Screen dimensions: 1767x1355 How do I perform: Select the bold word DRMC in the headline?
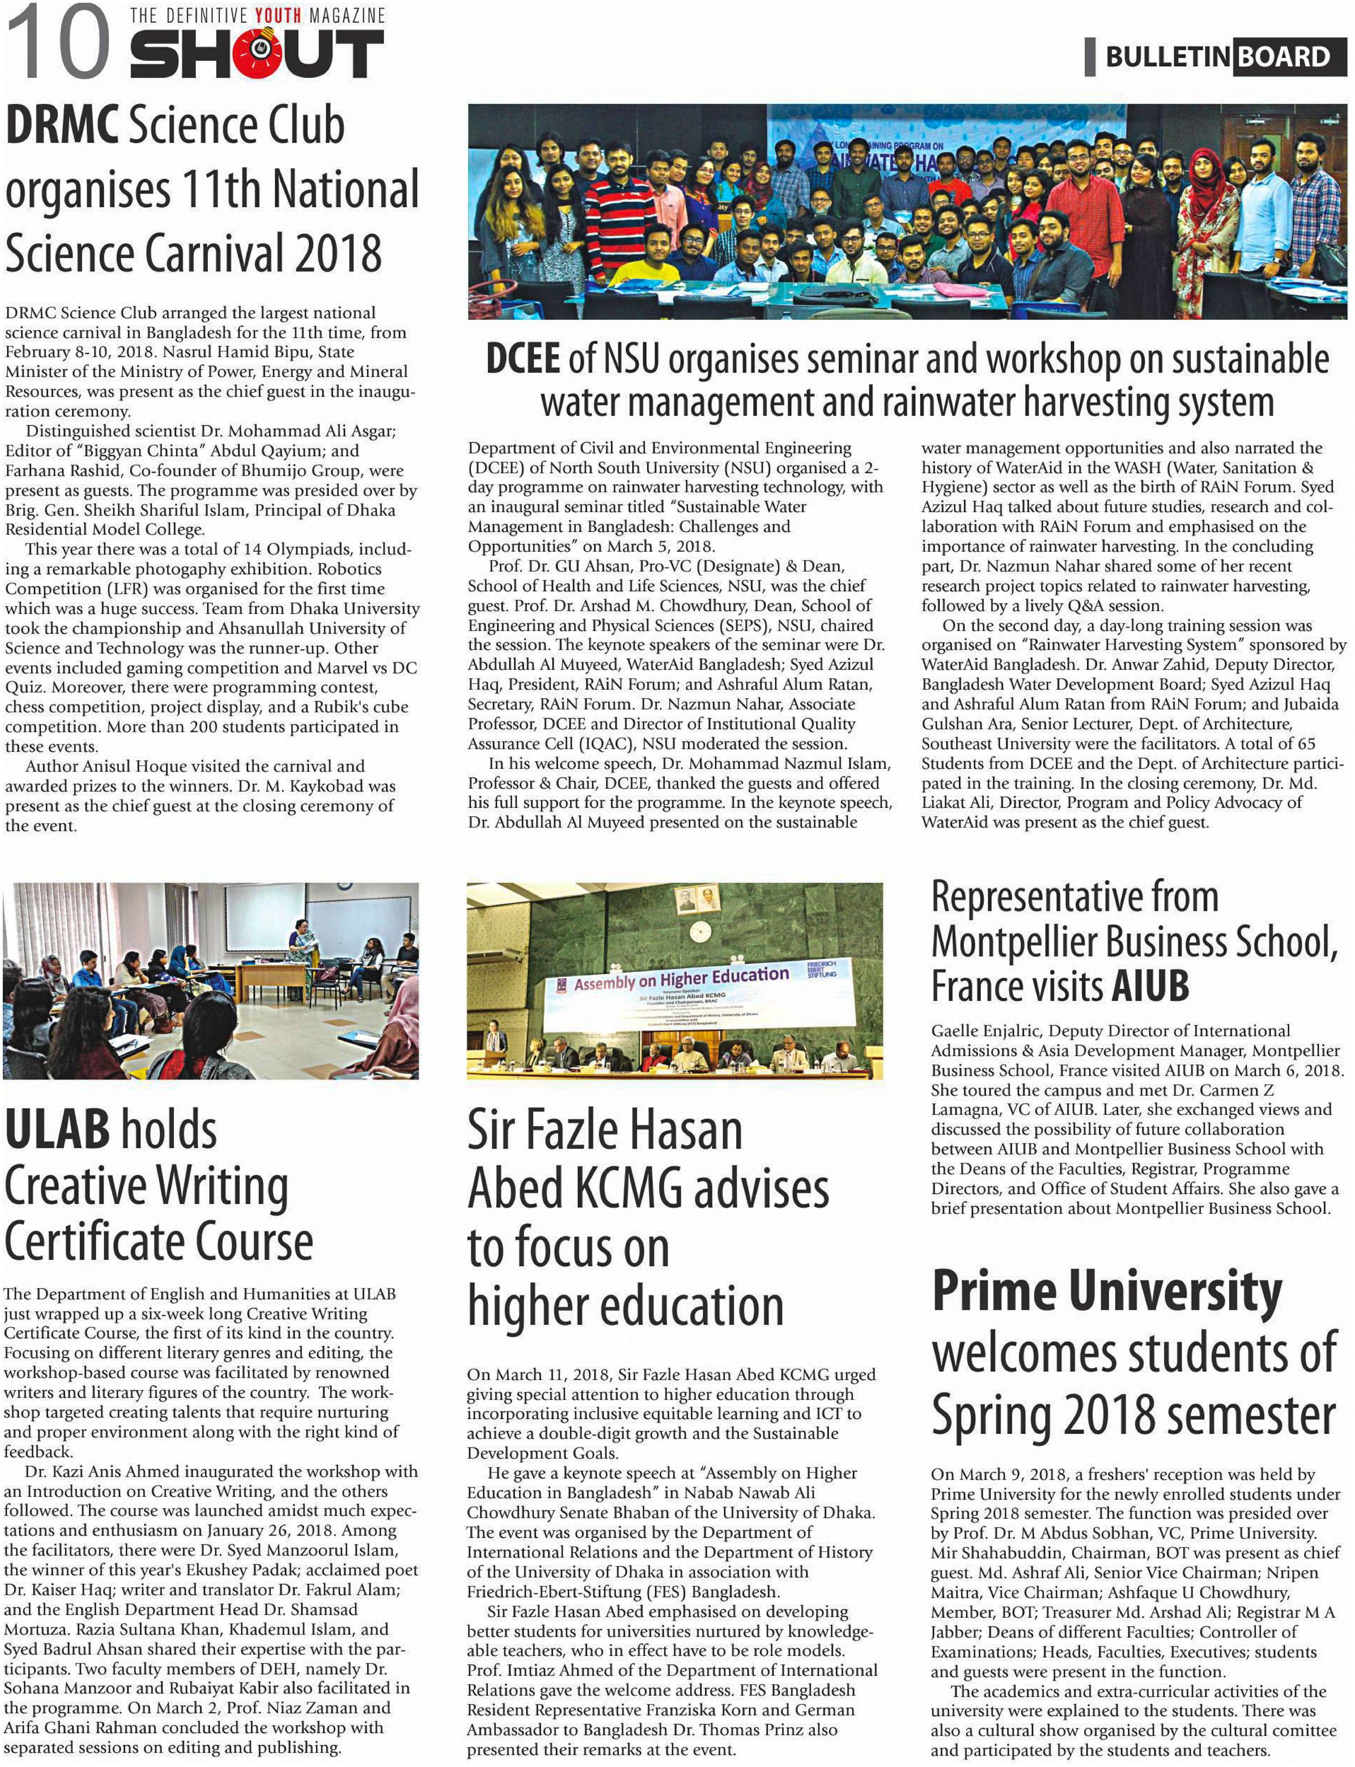pos(62,127)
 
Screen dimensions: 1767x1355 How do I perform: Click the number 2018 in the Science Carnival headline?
pos(338,253)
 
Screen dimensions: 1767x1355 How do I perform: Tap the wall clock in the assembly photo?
pos(700,931)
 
